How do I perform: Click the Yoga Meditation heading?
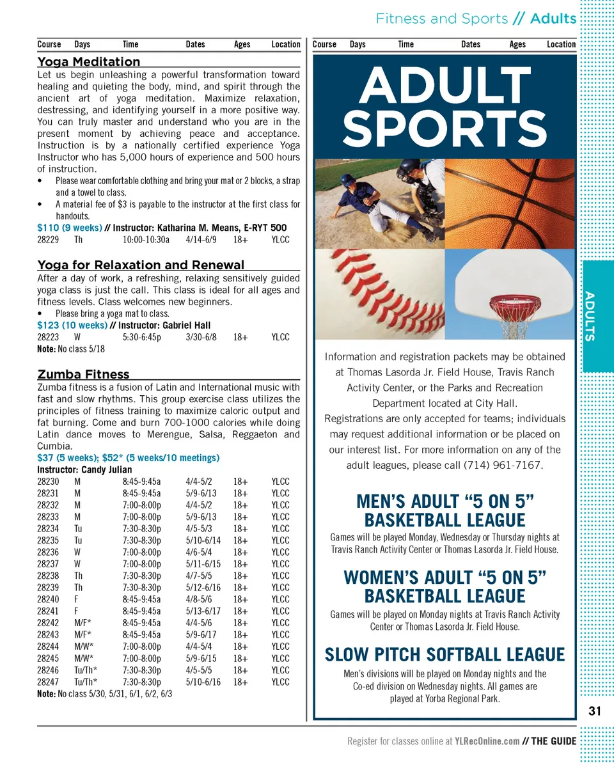89,61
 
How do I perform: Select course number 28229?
48,240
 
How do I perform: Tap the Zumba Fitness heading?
83,374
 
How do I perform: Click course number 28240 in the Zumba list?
48,599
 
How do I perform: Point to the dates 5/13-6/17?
203,611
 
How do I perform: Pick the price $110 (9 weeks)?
69,228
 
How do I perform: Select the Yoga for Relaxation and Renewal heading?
141,265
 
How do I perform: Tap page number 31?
595,711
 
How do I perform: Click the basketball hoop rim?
515,300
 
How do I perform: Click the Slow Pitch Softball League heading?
445,655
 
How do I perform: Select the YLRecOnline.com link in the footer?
487,741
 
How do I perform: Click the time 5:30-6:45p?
141,337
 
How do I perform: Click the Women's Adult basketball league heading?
445,586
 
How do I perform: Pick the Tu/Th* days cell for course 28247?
84,682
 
